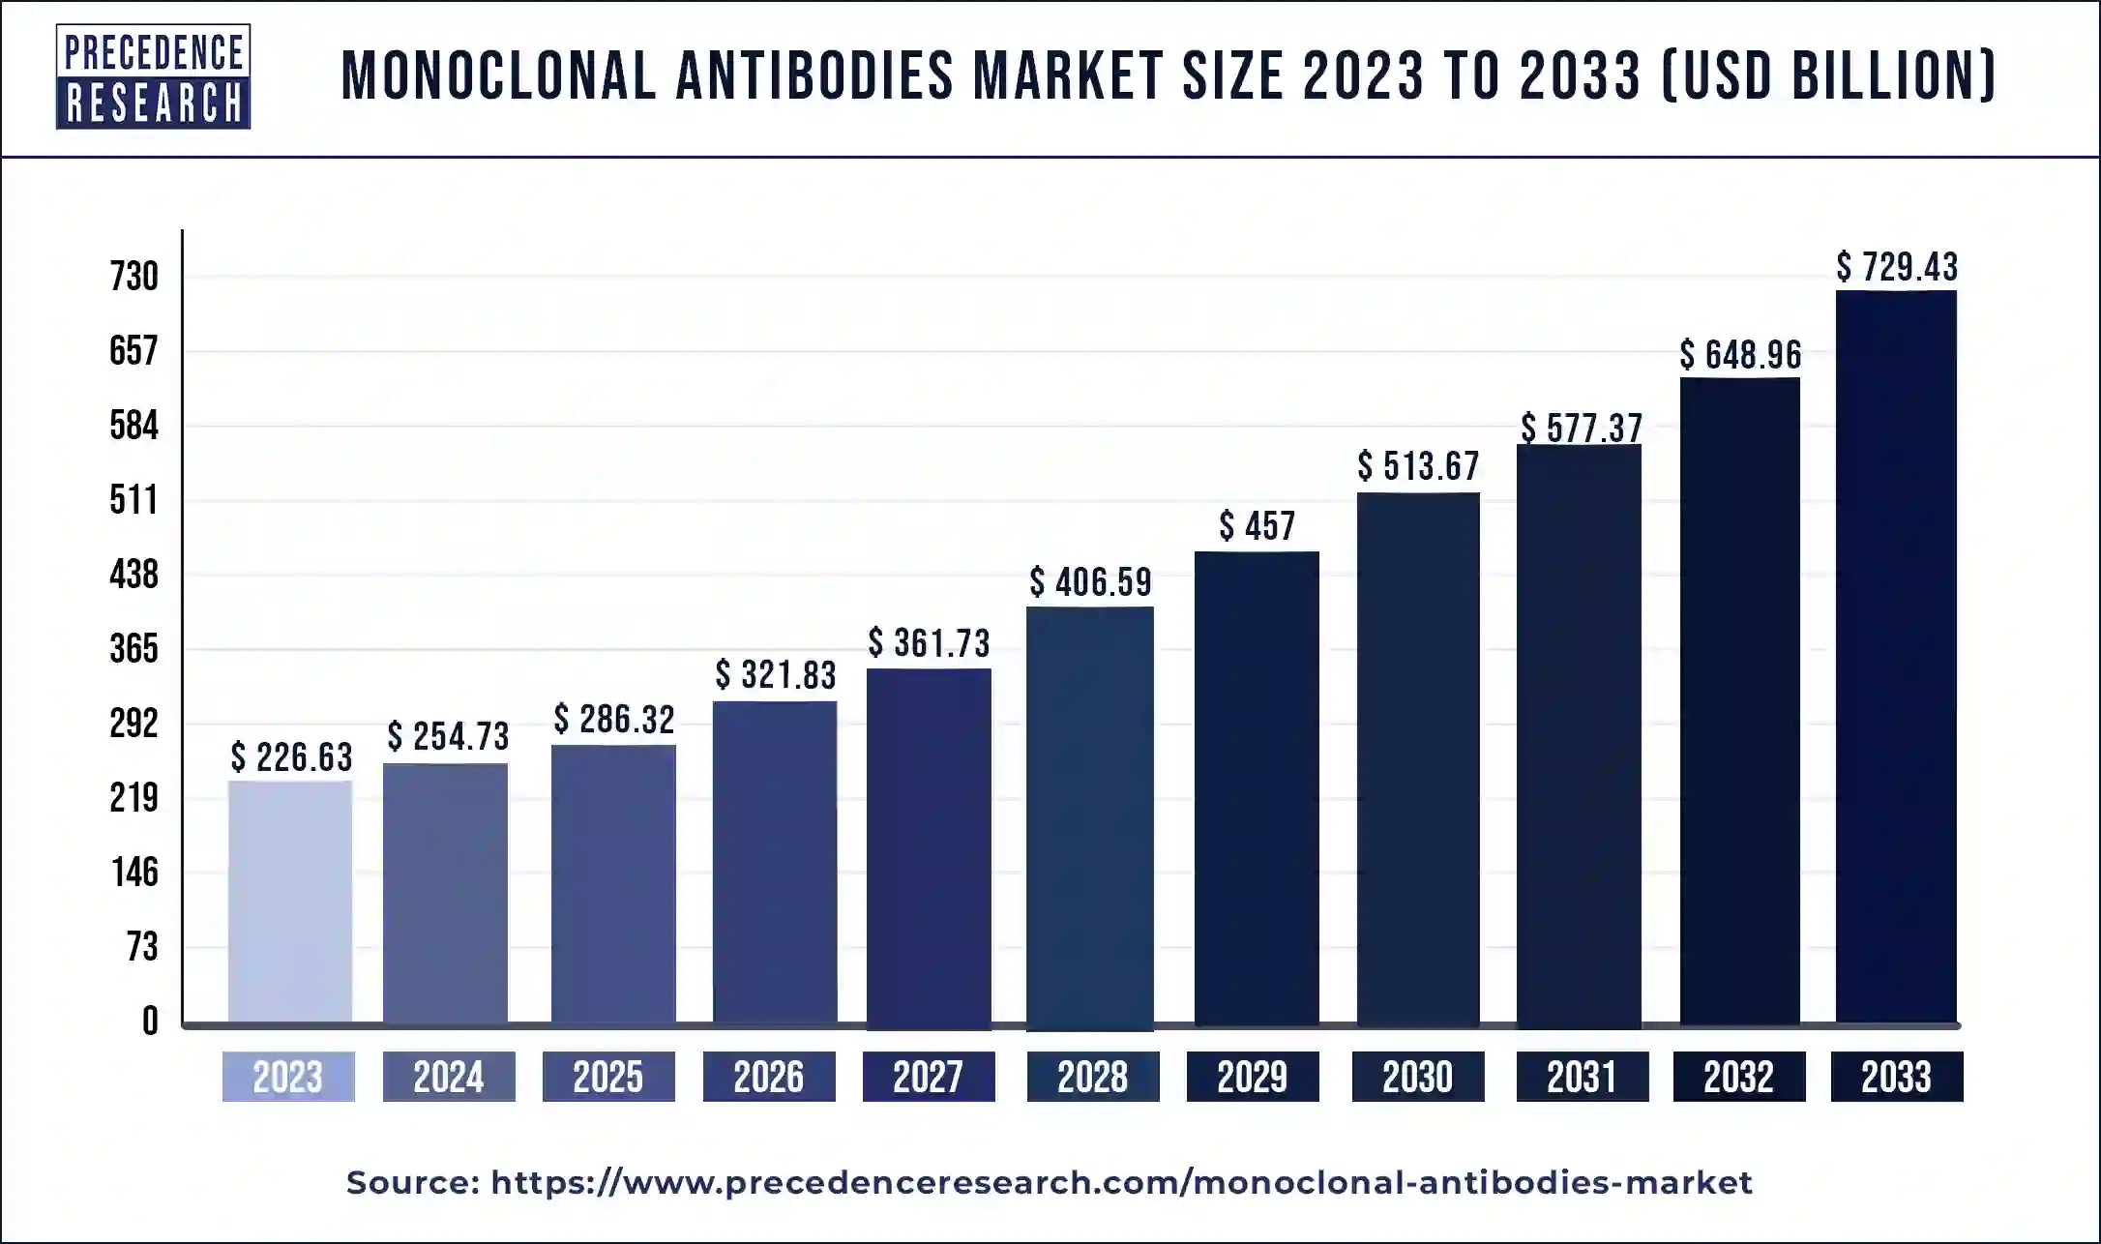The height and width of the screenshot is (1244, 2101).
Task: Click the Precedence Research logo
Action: tap(153, 76)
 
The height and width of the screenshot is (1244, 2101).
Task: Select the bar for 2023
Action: tap(290, 902)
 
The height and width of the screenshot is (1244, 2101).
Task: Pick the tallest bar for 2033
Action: tap(1896, 658)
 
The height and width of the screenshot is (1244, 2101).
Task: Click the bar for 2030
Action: tap(1418, 758)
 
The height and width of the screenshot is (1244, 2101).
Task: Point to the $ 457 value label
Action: tap(1257, 526)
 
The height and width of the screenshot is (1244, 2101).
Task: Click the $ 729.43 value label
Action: tap(1897, 267)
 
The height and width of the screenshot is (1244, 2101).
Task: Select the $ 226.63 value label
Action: tap(291, 757)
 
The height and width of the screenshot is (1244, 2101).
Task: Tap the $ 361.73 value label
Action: tap(929, 643)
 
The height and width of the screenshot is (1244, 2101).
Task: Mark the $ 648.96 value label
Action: tap(1740, 355)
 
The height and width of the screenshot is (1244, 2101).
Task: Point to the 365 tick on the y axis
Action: tap(133, 649)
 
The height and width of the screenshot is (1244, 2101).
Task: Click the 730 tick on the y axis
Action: tap(133, 277)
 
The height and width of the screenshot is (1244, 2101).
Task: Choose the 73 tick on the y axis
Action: tap(141, 947)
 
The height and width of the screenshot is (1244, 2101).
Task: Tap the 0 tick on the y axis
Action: tap(150, 1022)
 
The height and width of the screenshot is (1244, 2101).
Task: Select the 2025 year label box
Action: tap(608, 1077)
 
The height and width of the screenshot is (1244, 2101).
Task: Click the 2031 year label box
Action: tap(1582, 1077)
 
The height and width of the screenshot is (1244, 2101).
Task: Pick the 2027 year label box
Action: tap(929, 1077)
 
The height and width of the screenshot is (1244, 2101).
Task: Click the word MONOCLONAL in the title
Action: tap(498, 76)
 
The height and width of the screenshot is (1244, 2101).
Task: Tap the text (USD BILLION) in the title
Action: tap(1828, 76)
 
